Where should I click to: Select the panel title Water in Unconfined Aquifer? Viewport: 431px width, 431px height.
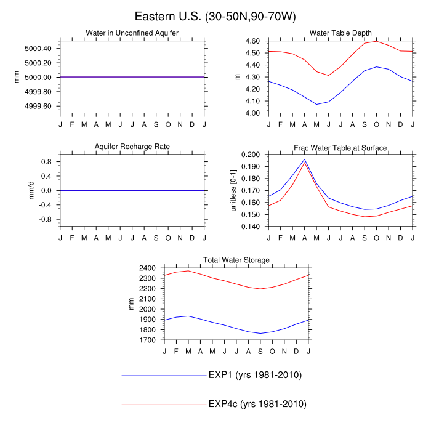132,33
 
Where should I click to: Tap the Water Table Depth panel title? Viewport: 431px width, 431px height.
340,33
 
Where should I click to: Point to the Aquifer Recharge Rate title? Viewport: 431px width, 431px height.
132,147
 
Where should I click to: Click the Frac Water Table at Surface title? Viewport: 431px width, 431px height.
340,147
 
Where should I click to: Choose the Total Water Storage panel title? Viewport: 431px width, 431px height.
236,260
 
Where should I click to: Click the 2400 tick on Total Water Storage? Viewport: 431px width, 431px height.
149,268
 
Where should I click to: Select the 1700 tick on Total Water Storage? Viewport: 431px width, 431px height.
149,340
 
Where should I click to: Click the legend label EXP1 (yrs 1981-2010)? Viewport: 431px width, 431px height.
255,375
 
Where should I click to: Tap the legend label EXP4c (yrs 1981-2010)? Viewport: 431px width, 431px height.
257,404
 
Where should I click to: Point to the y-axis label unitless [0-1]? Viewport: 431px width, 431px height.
234,190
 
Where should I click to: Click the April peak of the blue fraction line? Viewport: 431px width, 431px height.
305,159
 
